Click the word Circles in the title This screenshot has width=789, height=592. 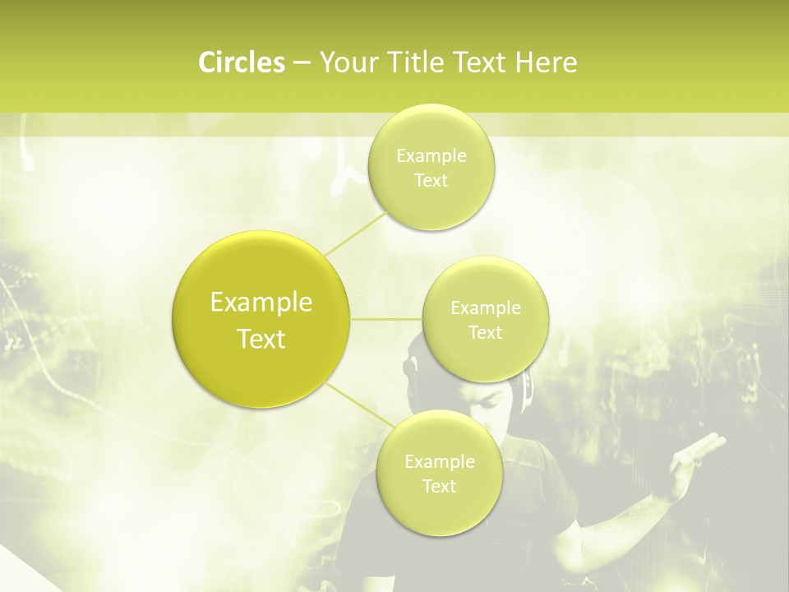click(x=242, y=62)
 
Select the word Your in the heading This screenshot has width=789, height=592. click(x=345, y=62)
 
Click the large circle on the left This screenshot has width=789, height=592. click(x=261, y=319)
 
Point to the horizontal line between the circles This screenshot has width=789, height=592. click(x=386, y=318)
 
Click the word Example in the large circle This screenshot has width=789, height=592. click(x=261, y=303)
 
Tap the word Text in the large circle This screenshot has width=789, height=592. click(x=261, y=339)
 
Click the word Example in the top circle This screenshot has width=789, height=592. click(x=431, y=156)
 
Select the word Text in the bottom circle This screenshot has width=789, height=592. click(x=439, y=486)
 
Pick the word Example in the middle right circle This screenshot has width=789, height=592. click(x=486, y=308)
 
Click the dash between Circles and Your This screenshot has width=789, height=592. click(x=301, y=63)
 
